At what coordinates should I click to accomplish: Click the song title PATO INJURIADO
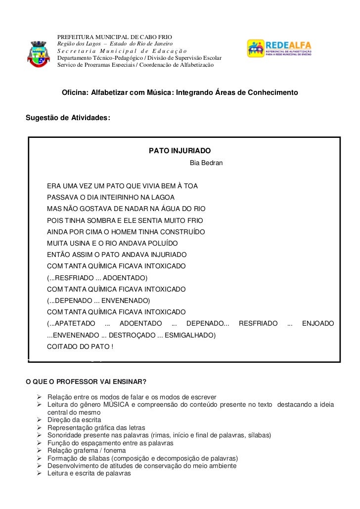point(180,150)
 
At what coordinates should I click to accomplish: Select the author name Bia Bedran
point(206,163)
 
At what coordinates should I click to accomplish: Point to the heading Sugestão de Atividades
point(68,118)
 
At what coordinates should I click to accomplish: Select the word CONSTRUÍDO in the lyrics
point(182,232)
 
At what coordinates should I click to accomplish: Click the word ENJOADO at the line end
point(317,324)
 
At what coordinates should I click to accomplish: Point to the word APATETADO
point(72,324)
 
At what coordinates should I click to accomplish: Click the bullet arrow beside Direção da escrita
point(40,420)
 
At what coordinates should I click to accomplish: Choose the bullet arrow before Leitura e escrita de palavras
point(40,473)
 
